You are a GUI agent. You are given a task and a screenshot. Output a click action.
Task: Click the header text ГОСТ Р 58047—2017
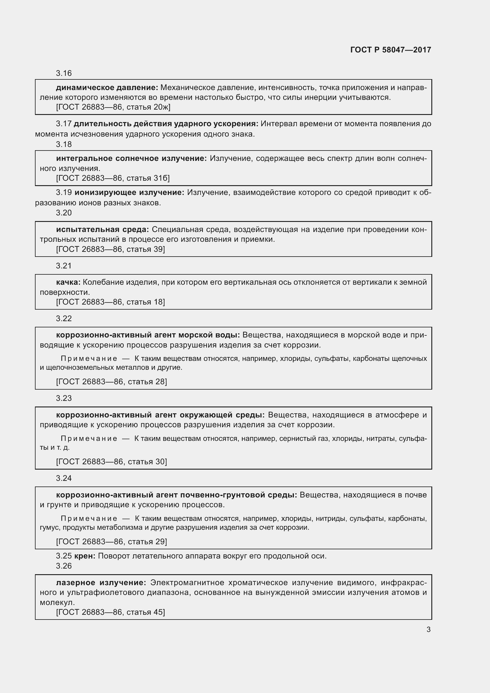(390, 50)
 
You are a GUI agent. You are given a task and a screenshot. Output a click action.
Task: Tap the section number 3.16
(64, 73)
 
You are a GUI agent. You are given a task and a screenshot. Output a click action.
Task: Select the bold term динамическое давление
(107, 88)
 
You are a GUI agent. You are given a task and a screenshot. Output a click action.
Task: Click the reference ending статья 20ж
(113, 107)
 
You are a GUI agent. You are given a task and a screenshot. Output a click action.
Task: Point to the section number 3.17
(64, 124)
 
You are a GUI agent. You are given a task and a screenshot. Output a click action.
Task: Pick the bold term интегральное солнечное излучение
(131, 159)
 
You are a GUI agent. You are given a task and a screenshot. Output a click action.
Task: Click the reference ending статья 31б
(113, 178)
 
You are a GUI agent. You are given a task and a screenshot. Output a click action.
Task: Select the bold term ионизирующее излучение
(129, 193)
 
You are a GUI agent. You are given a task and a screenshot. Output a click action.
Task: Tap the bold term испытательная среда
(102, 229)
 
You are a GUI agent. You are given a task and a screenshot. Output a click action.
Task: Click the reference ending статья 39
(111, 249)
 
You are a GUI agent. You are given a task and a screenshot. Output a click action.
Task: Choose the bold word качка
(68, 282)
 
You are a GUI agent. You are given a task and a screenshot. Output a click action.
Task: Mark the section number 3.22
(64, 319)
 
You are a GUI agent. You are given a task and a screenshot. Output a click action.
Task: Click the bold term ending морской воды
(148, 335)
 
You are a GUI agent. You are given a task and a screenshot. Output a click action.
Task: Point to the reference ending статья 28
(111, 382)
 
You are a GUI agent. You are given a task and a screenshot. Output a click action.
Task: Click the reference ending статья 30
(111, 462)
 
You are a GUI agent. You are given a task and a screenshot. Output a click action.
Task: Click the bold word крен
(85, 556)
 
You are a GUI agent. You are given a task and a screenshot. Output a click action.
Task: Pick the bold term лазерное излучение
(101, 582)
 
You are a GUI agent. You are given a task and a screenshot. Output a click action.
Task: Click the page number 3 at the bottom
(428, 629)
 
